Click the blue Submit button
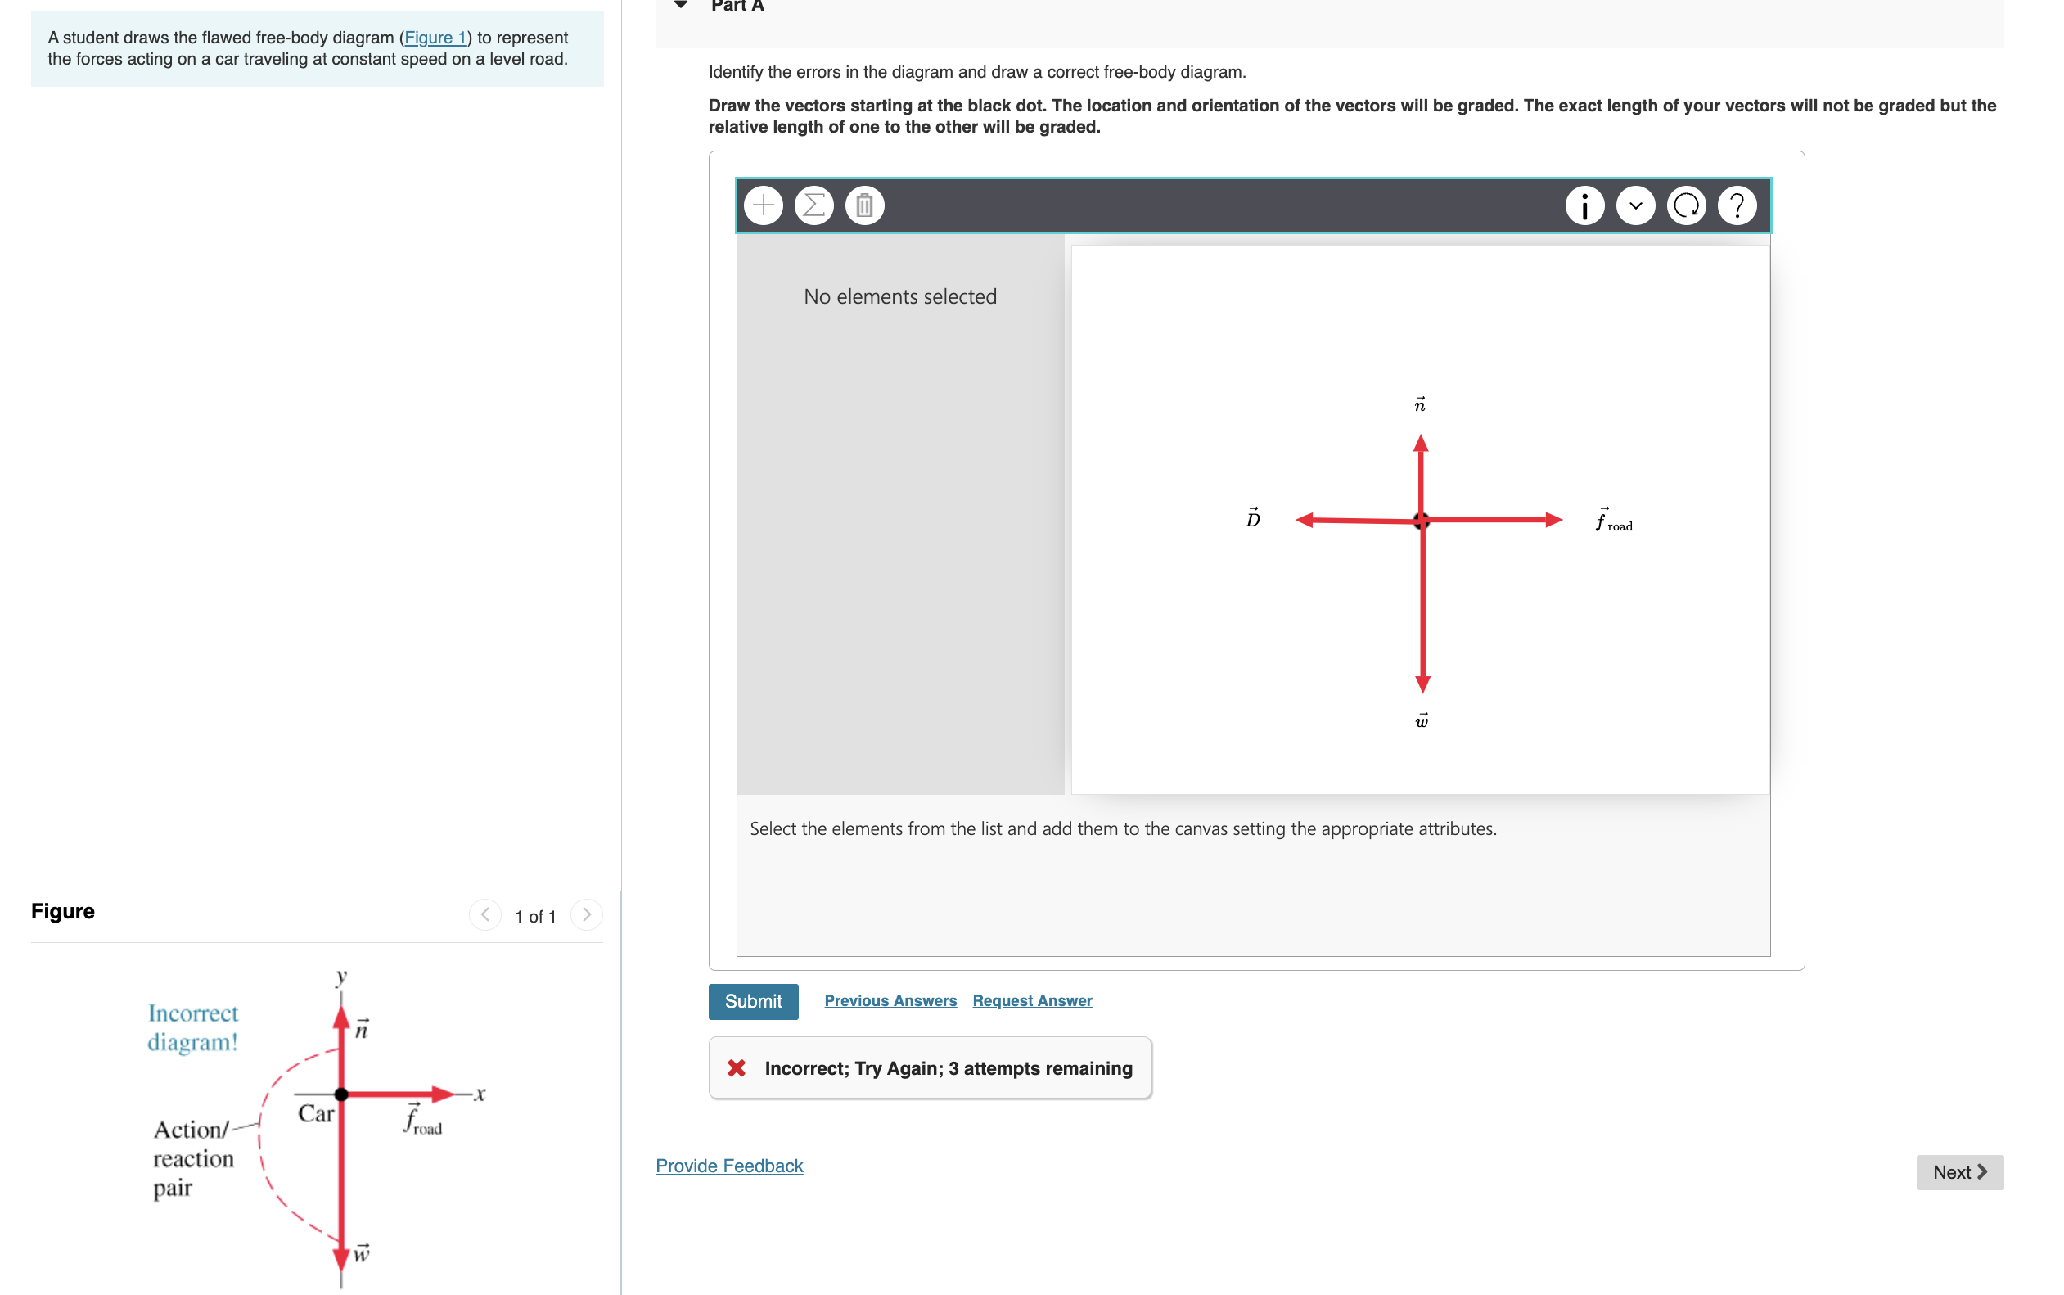coord(752,1001)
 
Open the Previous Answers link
coord(890,1000)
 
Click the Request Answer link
coord(1031,1000)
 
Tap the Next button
coord(1958,1171)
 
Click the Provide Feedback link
coord(728,1166)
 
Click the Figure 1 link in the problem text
coord(435,38)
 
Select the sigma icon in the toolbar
coord(813,205)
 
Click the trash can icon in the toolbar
coord(863,205)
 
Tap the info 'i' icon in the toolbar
coord(1584,205)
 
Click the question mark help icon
coord(1736,205)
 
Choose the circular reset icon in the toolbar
coord(1686,205)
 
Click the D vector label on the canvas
coord(1252,517)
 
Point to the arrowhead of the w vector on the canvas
coord(1422,683)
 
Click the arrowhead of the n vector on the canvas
coord(1420,444)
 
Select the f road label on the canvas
coord(1613,521)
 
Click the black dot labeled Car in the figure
coord(340,1094)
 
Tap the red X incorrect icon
coord(737,1068)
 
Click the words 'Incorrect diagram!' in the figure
coord(192,1028)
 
